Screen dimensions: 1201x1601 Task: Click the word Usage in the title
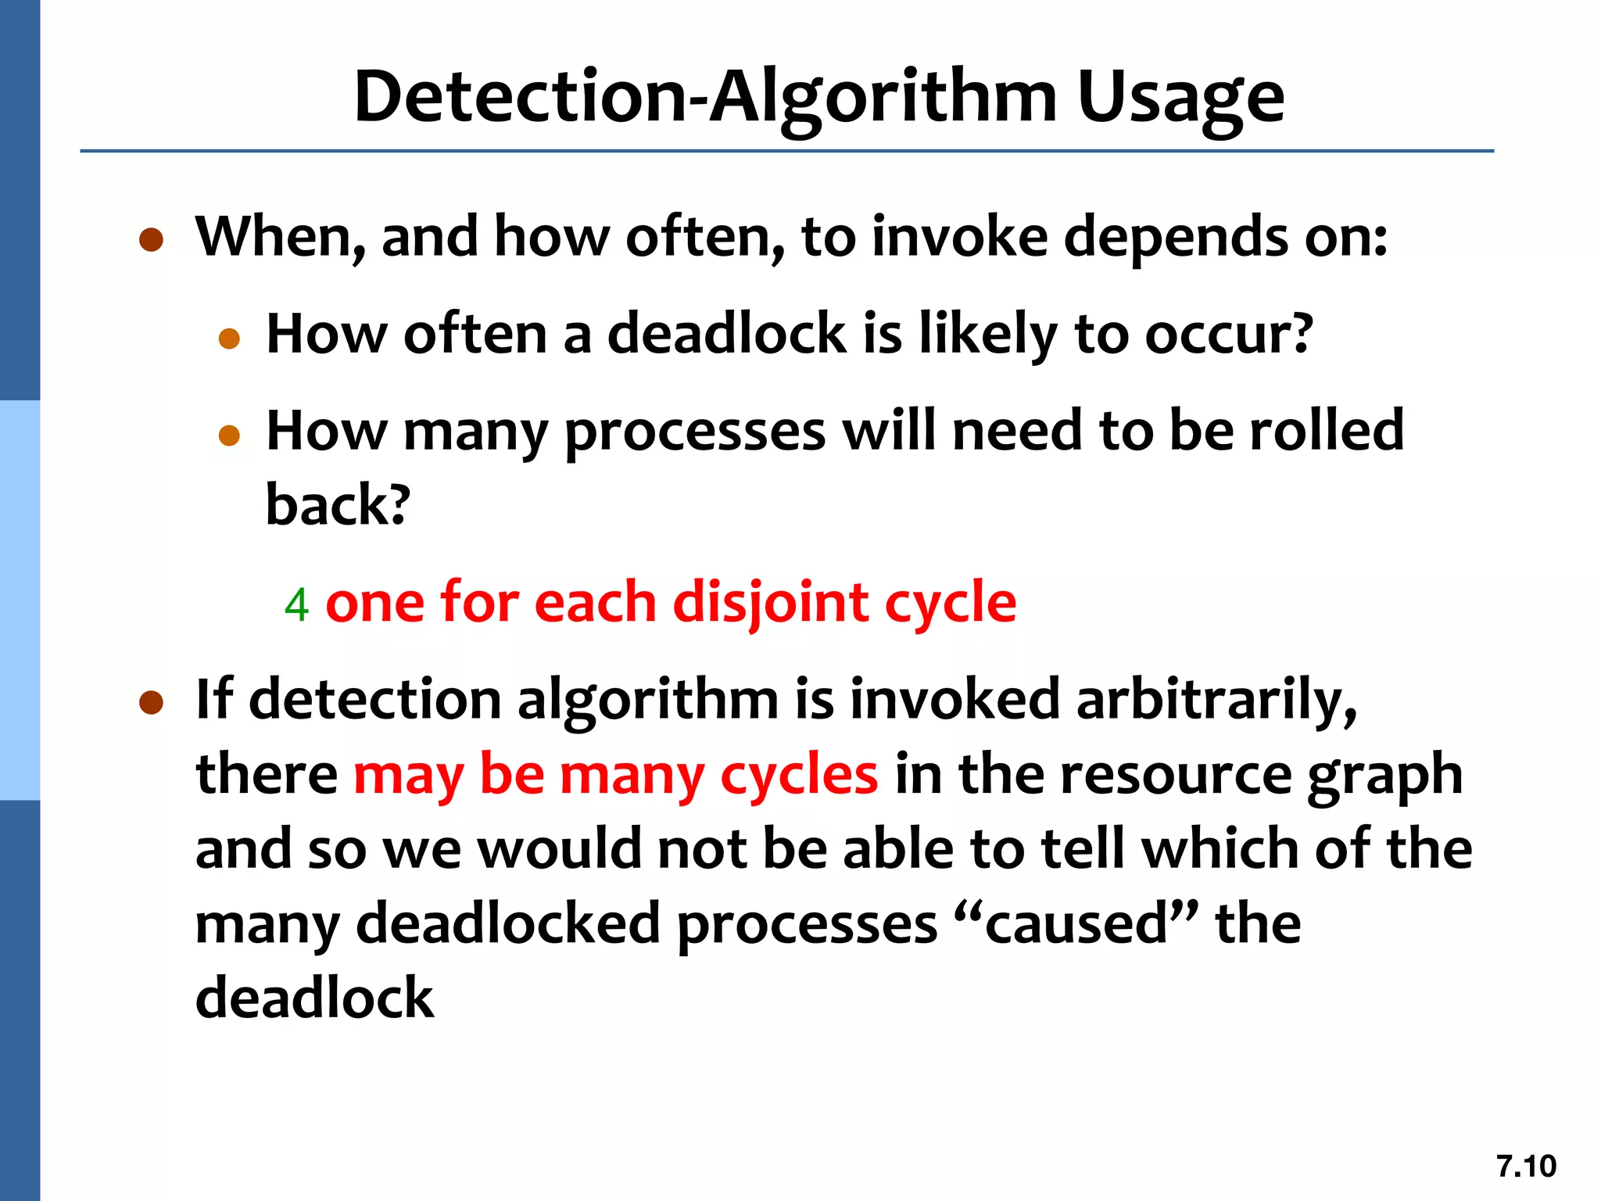1180,98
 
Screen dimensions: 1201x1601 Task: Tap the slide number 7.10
1526,1166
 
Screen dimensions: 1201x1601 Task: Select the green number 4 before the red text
296,604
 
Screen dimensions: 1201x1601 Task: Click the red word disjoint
770,603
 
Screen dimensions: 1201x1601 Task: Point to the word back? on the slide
338,504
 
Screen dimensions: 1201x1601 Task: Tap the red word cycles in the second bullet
799,774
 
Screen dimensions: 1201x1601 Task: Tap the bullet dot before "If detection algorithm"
151,701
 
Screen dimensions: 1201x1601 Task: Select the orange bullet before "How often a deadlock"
229,338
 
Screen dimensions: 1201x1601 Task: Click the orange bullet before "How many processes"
229,435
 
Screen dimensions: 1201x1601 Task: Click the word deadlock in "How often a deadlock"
727,334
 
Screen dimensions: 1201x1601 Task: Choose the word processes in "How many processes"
694,432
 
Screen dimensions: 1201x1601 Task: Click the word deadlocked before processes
508,923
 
